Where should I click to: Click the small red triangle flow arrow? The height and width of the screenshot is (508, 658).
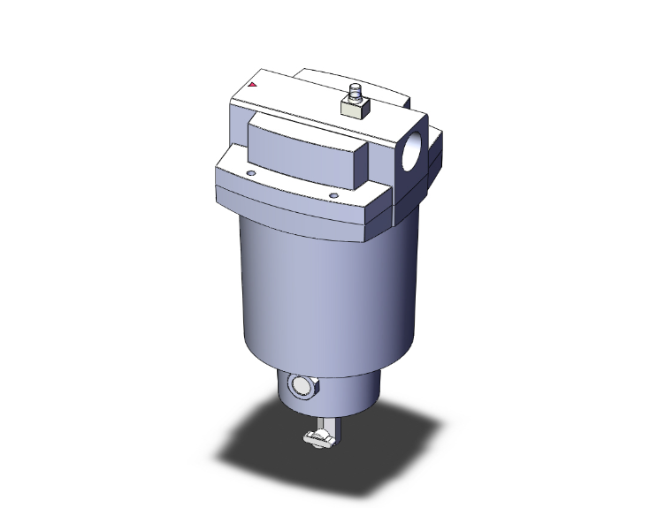tap(253, 86)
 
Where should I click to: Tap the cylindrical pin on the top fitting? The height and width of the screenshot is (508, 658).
tap(355, 91)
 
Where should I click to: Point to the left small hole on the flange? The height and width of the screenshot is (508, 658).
tap(251, 174)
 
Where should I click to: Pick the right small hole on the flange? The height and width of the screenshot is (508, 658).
tap(333, 195)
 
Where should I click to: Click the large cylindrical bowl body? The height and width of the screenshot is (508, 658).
tap(327, 283)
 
